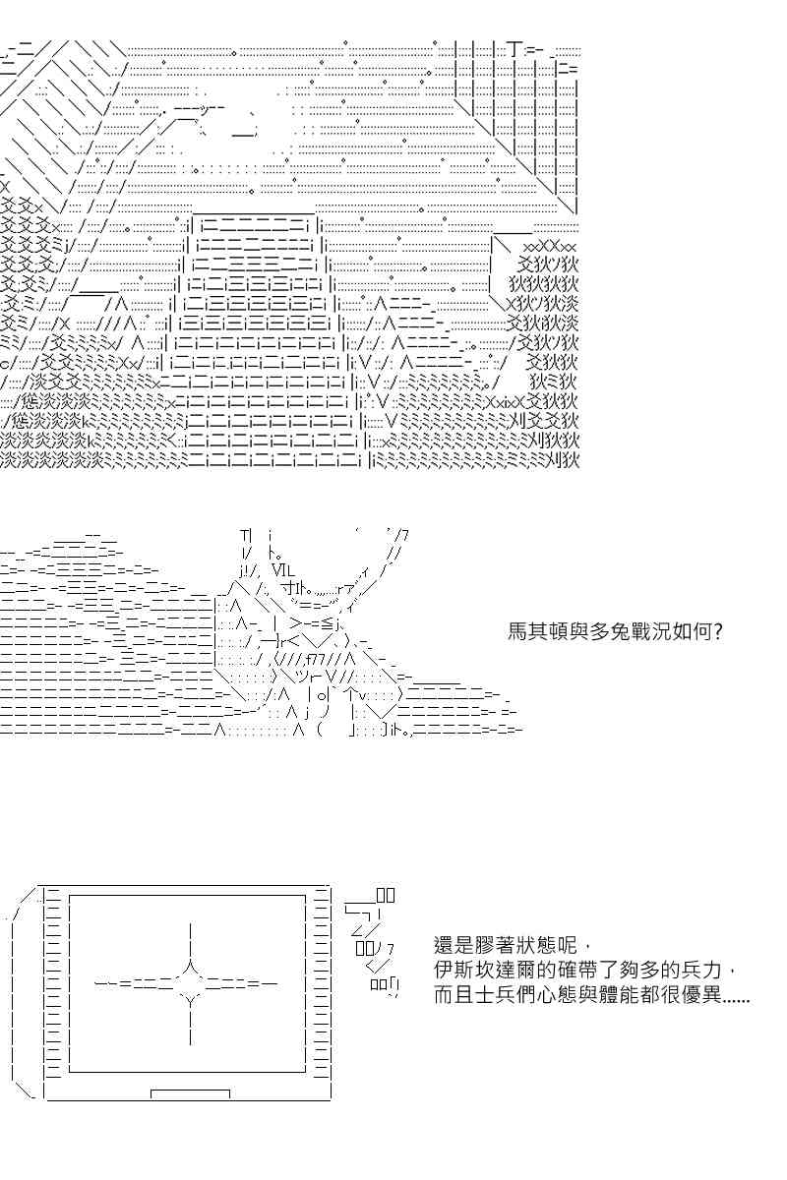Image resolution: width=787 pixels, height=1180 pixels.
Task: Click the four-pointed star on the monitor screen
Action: (189, 983)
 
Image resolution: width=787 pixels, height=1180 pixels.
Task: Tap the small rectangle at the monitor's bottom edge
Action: (190, 1094)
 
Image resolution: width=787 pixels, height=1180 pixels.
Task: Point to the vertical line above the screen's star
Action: (189, 941)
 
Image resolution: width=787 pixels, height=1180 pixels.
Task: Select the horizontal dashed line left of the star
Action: (135, 983)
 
